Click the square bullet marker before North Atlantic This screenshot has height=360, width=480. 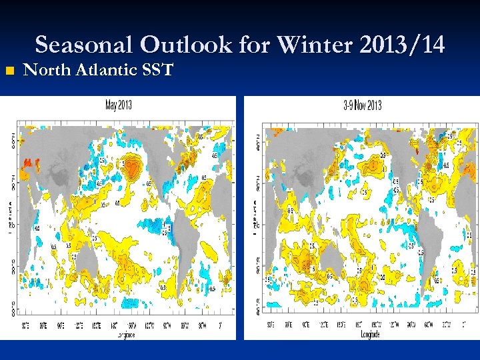tap(8, 71)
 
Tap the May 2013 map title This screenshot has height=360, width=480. tap(118, 105)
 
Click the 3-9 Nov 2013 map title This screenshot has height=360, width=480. tap(363, 105)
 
